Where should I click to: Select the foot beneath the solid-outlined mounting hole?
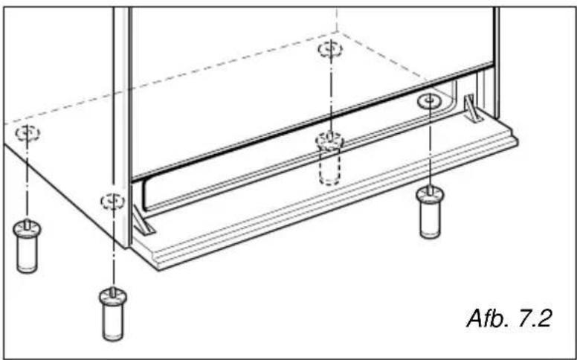pos(430,213)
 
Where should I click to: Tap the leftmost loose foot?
pos(27,247)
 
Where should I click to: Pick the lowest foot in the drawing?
pos(112,315)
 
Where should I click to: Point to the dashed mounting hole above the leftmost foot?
pos(28,133)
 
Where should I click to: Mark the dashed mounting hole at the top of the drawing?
pos(330,50)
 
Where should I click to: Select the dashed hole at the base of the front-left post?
pos(113,202)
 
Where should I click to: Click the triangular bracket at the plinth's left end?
pos(143,220)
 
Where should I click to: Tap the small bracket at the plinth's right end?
pos(472,108)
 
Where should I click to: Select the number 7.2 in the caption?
pos(534,318)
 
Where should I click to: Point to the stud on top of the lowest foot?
pos(113,291)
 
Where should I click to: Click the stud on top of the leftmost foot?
pos(27,223)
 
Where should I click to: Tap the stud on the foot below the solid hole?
pos(430,190)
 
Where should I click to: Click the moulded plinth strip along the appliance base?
pos(325,194)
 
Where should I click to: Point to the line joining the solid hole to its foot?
pos(430,144)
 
